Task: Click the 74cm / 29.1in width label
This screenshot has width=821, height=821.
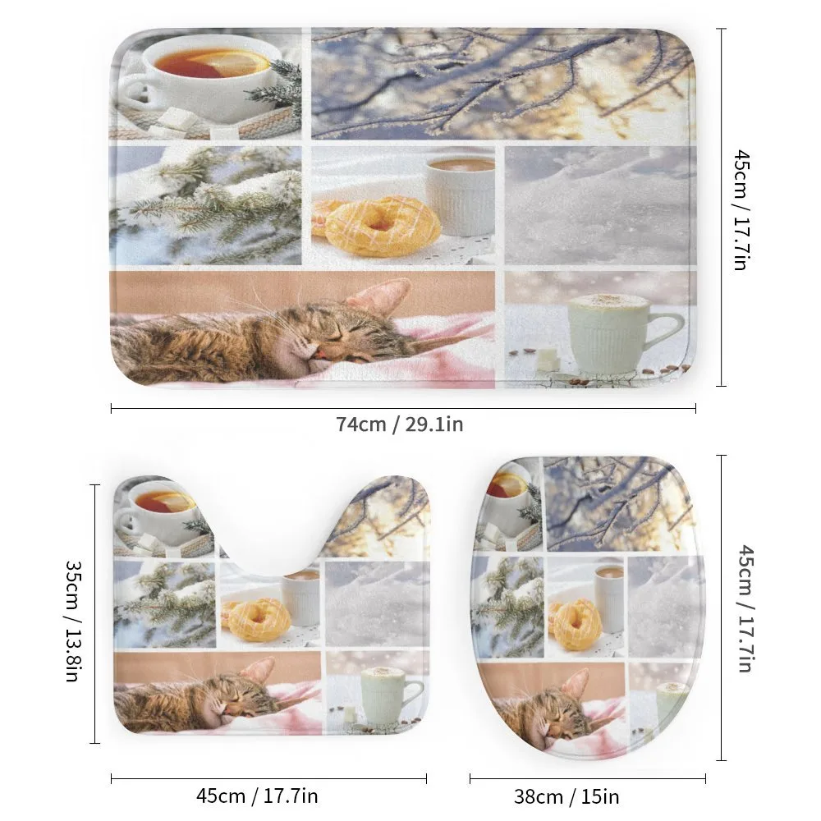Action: [x=400, y=424]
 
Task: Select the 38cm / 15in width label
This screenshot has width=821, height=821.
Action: [x=566, y=797]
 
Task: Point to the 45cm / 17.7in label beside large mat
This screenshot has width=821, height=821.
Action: [x=741, y=210]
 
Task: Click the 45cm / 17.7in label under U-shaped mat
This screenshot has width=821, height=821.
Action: [x=257, y=796]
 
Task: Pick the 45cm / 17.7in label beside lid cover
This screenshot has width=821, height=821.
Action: [x=745, y=608]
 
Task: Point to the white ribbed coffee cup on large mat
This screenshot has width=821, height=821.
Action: [x=460, y=195]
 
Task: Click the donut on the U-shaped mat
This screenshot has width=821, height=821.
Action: [x=259, y=619]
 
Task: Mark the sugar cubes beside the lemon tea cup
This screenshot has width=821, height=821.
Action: [x=176, y=121]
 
